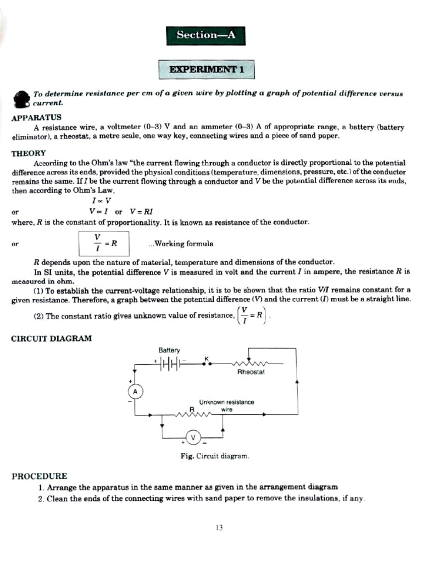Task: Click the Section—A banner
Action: pyautogui.click(x=206, y=35)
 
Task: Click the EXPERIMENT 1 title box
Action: pyautogui.click(x=207, y=70)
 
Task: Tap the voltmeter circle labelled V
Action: pyautogui.click(x=193, y=438)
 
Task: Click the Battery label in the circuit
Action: pyautogui.click(x=169, y=350)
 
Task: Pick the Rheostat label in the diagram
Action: pyautogui.click(x=251, y=372)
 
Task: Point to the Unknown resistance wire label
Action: pyautogui.click(x=226, y=406)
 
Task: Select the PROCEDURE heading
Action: pyautogui.click(x=39, y=476)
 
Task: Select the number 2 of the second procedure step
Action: pyautogui.click(x=41, y=499)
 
